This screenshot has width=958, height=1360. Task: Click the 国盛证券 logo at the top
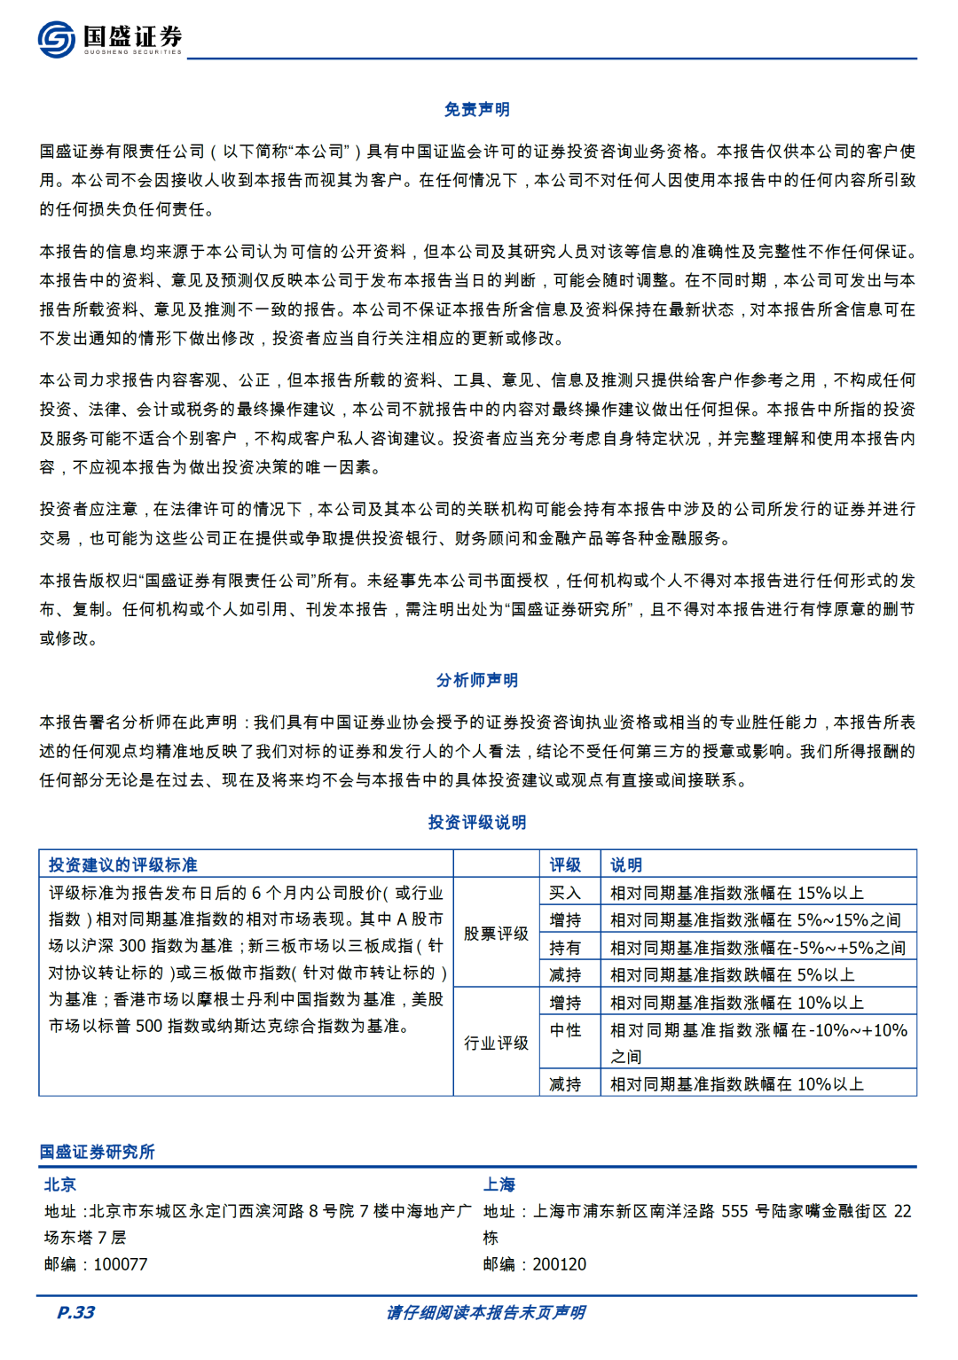[110, 39]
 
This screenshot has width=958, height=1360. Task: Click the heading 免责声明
[477, 110]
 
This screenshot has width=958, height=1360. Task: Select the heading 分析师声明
[477, 681]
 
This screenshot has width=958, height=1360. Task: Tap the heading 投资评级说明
[477, 823]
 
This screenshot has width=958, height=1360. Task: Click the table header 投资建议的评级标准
[123, 865]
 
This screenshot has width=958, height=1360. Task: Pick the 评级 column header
[565, 865]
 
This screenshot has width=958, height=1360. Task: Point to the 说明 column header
[626, 865]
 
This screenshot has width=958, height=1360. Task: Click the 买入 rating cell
[565, 893]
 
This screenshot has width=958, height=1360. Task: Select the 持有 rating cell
[565, 948]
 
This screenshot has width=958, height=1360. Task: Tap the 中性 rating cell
[565, 1030]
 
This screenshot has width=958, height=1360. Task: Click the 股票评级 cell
[496, 934]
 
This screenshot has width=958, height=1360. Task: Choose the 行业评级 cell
[496, 1043]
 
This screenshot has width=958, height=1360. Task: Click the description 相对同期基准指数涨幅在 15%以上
[737, 893]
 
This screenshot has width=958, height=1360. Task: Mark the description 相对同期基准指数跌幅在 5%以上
[733, 975]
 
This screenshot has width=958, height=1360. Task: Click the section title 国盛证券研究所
[98, 1153]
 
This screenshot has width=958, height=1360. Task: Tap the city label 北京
[60, 1185]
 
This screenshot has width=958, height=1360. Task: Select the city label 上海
[499, 1185]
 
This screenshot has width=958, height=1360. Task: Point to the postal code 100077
[121, 1265]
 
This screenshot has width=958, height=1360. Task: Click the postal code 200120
[560, 1265]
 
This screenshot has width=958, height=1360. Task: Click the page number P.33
[76, 1313]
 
